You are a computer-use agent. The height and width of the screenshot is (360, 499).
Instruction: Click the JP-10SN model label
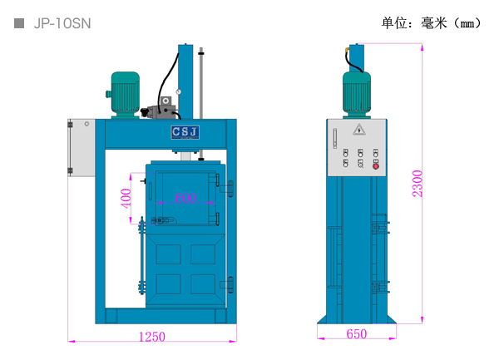click(x=62, y=23)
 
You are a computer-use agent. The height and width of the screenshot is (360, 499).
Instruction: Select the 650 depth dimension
click(x=356, y=334)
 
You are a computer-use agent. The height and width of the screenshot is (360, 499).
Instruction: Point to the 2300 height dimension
click(x=417, y=183)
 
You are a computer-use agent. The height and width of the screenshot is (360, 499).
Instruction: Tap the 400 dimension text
click(x=126, y=199)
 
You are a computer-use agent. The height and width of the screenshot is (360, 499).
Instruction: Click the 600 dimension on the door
click(x=185, y=198)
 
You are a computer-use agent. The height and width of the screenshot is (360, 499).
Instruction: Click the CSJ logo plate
click(x=185, y=132)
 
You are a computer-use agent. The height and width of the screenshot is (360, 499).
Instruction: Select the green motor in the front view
click(x=126, y=94)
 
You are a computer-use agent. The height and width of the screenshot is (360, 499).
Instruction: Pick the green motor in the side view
click(x=357, y=93)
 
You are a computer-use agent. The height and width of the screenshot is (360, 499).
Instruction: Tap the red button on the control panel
click(x=376, y=166)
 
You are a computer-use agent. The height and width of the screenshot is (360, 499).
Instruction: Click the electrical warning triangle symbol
click(x=359, y=129)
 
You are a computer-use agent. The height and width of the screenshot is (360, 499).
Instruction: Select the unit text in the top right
click(x=431, y=22)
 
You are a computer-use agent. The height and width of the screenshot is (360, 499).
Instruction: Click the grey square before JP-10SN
click(x=19, y=23)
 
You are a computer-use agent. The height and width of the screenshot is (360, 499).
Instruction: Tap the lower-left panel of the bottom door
click(x=169, y=284)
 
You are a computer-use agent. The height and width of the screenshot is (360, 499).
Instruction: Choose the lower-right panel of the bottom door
click(x=202, y=284)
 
